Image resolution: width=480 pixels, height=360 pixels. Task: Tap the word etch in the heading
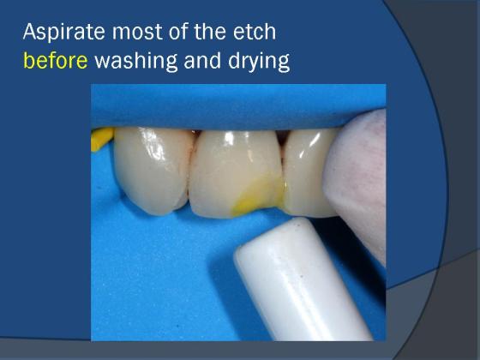[x=255, y=32]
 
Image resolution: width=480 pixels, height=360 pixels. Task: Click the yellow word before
[x=56, y=60]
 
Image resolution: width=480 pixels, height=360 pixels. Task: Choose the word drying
[x=259, y=61]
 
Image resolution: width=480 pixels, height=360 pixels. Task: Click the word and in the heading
[x=202, y=60]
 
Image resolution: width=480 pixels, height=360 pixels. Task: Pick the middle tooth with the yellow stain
[x=236, y=174]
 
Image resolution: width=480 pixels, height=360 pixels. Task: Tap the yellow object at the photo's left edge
[x=101, y=139]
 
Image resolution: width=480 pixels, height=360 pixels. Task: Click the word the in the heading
[x=210, y=32]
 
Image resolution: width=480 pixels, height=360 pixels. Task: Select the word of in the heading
[x=178, y=32]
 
